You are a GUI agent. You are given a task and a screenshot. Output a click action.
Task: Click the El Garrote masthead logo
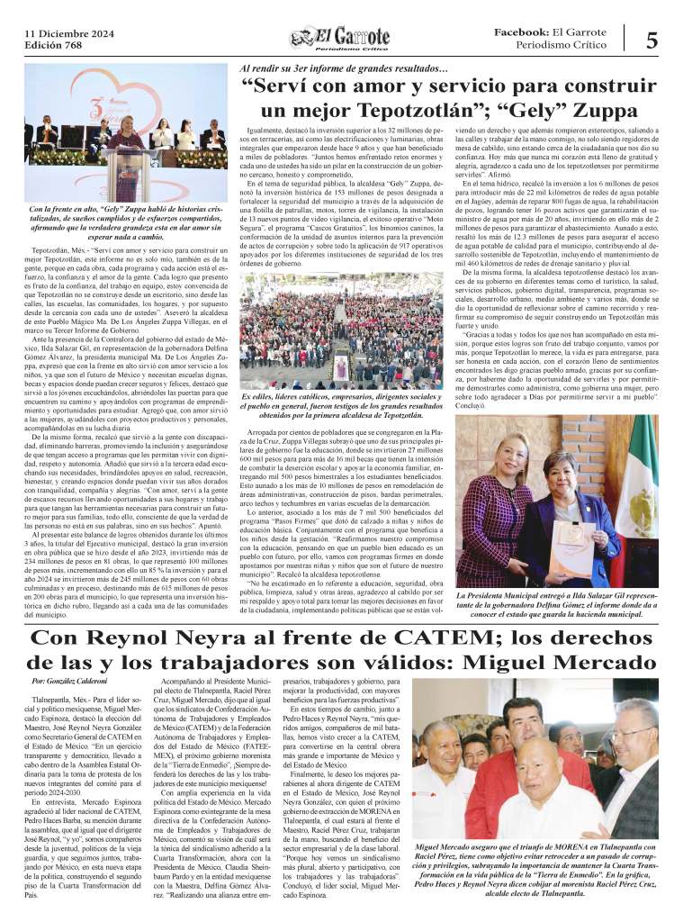[340, 37]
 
